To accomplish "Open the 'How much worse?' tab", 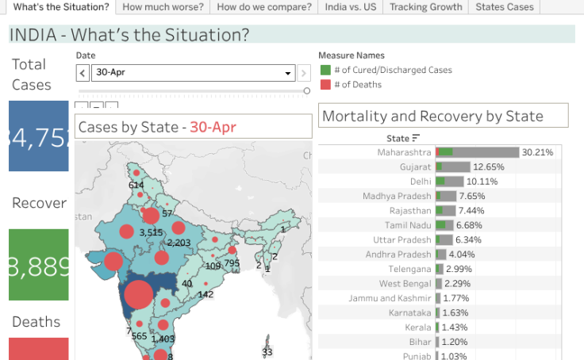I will (x=163, y=7).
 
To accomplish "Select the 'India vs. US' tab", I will (x=350, y=7).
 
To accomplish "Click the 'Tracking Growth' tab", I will (x=425, y=7).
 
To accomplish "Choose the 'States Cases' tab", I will (x=504, y=7).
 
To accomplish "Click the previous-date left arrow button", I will (x=83, y=73).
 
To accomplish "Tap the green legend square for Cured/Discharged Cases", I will (x=325, y=70).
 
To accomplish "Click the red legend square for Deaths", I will (x=325, y=84).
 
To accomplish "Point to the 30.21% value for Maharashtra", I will (x=537, y=152).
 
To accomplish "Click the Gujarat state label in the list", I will (x=416, y=167).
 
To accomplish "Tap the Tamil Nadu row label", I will (x=409, y=225).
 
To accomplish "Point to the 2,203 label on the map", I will (x=179, y=243).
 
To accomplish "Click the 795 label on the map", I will (x=232, y=263).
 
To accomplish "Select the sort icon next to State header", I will (x=416, y=138).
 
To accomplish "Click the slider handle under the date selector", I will (x=307, y=91).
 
